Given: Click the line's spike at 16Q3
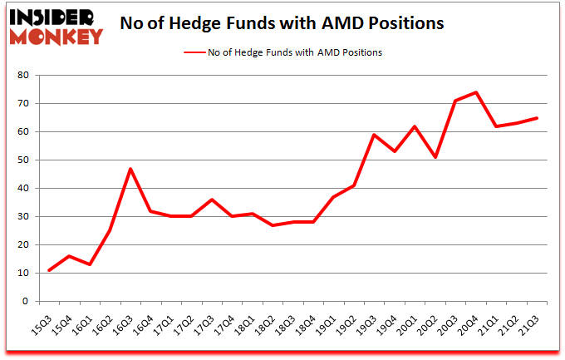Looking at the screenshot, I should pos(130,169).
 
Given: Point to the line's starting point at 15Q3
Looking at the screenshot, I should pos(50,270).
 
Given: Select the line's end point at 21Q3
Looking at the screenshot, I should pos(538,118).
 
